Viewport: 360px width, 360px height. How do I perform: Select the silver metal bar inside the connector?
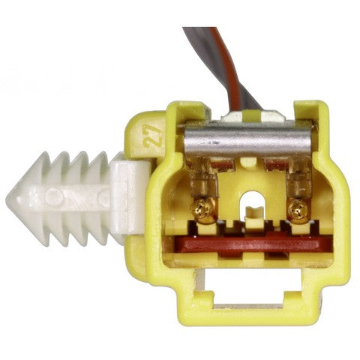(247, 140)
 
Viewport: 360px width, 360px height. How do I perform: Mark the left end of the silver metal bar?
(187, 140)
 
